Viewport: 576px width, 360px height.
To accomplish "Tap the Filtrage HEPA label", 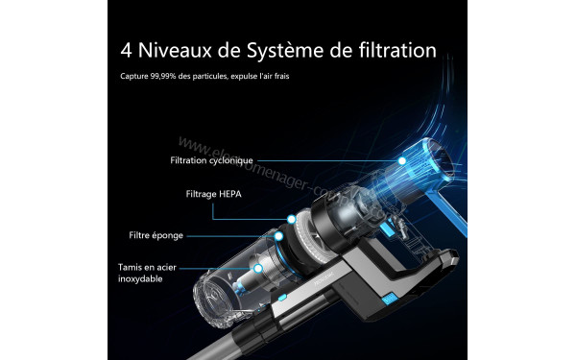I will click(214, 193).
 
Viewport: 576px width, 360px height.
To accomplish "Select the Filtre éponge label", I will click(156, 235).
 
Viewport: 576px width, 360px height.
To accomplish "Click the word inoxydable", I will click(142, 278).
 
